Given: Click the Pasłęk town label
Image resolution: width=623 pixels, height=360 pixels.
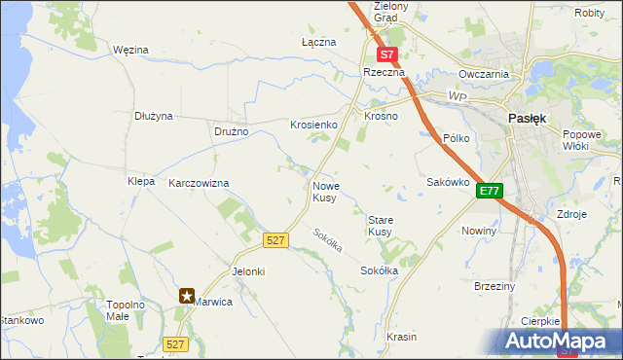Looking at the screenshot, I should (x=528, y=118).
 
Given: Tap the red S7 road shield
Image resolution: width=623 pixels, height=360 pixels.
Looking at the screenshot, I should (x=387, y=55).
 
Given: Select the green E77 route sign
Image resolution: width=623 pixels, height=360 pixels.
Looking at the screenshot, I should (x=489, y=193).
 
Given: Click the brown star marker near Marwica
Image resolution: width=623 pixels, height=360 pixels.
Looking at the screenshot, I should (x=187, y=296).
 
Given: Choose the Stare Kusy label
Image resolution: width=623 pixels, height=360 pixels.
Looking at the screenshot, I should (x=380, y=226).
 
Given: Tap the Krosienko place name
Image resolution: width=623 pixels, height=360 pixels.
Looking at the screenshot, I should (x=312, y=125).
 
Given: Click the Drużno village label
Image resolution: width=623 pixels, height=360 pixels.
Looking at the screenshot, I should (x=232, y=131).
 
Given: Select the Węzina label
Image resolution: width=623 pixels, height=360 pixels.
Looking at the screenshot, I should (x=129, y=49).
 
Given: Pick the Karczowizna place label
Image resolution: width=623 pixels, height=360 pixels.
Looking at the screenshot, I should (x=199, y=183).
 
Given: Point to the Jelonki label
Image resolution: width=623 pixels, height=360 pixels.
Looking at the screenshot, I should (x=247, y=271).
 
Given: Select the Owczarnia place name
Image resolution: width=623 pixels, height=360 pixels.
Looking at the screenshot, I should (x=485, y=74).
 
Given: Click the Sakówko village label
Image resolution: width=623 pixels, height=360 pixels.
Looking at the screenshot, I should (x=449, y=182).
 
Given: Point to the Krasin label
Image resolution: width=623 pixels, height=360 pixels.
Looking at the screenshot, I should (x=401, y=337).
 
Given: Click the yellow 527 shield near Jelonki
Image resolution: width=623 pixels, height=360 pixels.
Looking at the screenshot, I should (x=275, y=239).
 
